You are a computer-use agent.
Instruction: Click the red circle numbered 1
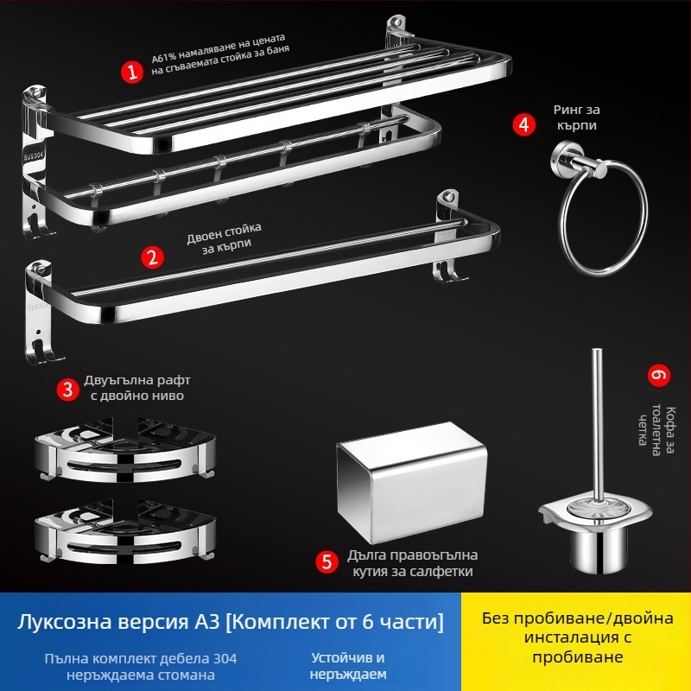coord(131,72)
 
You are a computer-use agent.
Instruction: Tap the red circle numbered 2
coord(153,257)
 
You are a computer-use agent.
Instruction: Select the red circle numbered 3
coord(69,389)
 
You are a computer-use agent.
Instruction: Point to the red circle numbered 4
coord(523,124)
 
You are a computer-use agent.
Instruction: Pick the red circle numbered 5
coord(326,562)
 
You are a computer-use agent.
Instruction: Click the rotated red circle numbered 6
coord(658,376)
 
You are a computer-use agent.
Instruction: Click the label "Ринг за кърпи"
coord(575,118)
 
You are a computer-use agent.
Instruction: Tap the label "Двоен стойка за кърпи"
coord(224,238)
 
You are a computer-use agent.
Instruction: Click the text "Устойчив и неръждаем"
coord(348,666)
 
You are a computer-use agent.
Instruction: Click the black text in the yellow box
coord(575,638)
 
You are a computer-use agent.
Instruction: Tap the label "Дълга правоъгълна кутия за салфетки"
coord(412,562)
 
